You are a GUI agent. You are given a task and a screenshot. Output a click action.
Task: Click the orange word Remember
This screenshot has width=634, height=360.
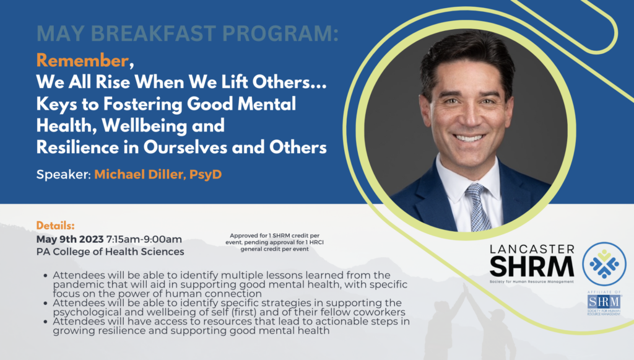pyautogui.click(x=82, y=61)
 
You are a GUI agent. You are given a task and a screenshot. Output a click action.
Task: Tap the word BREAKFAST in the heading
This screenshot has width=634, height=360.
pyautogui.click(x=154, y=33)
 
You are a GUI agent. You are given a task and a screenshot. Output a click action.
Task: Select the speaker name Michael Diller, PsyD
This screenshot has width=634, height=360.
pyautogui.click(x=158, y=174)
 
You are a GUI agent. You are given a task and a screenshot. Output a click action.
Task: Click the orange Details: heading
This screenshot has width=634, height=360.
pyautogui.click(x=55, y=226)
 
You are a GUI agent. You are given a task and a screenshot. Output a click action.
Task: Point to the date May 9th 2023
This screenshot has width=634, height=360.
pyautogui.click(x=70, y=239)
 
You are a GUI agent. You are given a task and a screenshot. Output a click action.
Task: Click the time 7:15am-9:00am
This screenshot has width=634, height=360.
pyautogui.click(x=144, y=239)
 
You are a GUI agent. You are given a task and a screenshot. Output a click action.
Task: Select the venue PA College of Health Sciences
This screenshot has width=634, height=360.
pyautogui.click(x=110, y=252)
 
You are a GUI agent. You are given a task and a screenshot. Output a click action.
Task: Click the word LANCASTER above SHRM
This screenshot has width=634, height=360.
pyautogui.click(x=532, y=249)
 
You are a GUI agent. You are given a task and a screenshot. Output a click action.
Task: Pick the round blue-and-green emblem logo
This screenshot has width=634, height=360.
pyautogui.click(x=604, y=264)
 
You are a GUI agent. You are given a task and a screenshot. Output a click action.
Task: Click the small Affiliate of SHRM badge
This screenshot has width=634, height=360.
pyautogui.click(x=604, y=303)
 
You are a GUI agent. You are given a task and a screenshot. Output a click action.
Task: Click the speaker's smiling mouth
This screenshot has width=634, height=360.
pyautogui.click(x=469, y=138)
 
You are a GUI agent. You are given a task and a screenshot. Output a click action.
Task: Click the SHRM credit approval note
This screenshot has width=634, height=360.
pyautogui.click(x=274, y=242)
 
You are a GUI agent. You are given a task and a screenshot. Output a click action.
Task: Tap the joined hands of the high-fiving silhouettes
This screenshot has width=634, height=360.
pyautogui.click(x=466, y=288)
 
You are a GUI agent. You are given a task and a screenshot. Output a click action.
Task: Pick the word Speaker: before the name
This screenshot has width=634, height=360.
pyautogui.click(x=64, y=175)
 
